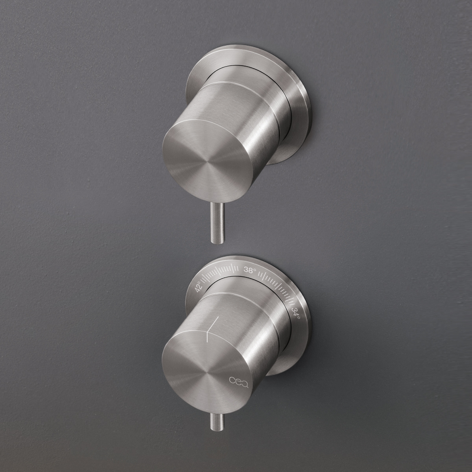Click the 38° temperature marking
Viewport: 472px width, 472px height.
pyautogui.click(x=250, y=270)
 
